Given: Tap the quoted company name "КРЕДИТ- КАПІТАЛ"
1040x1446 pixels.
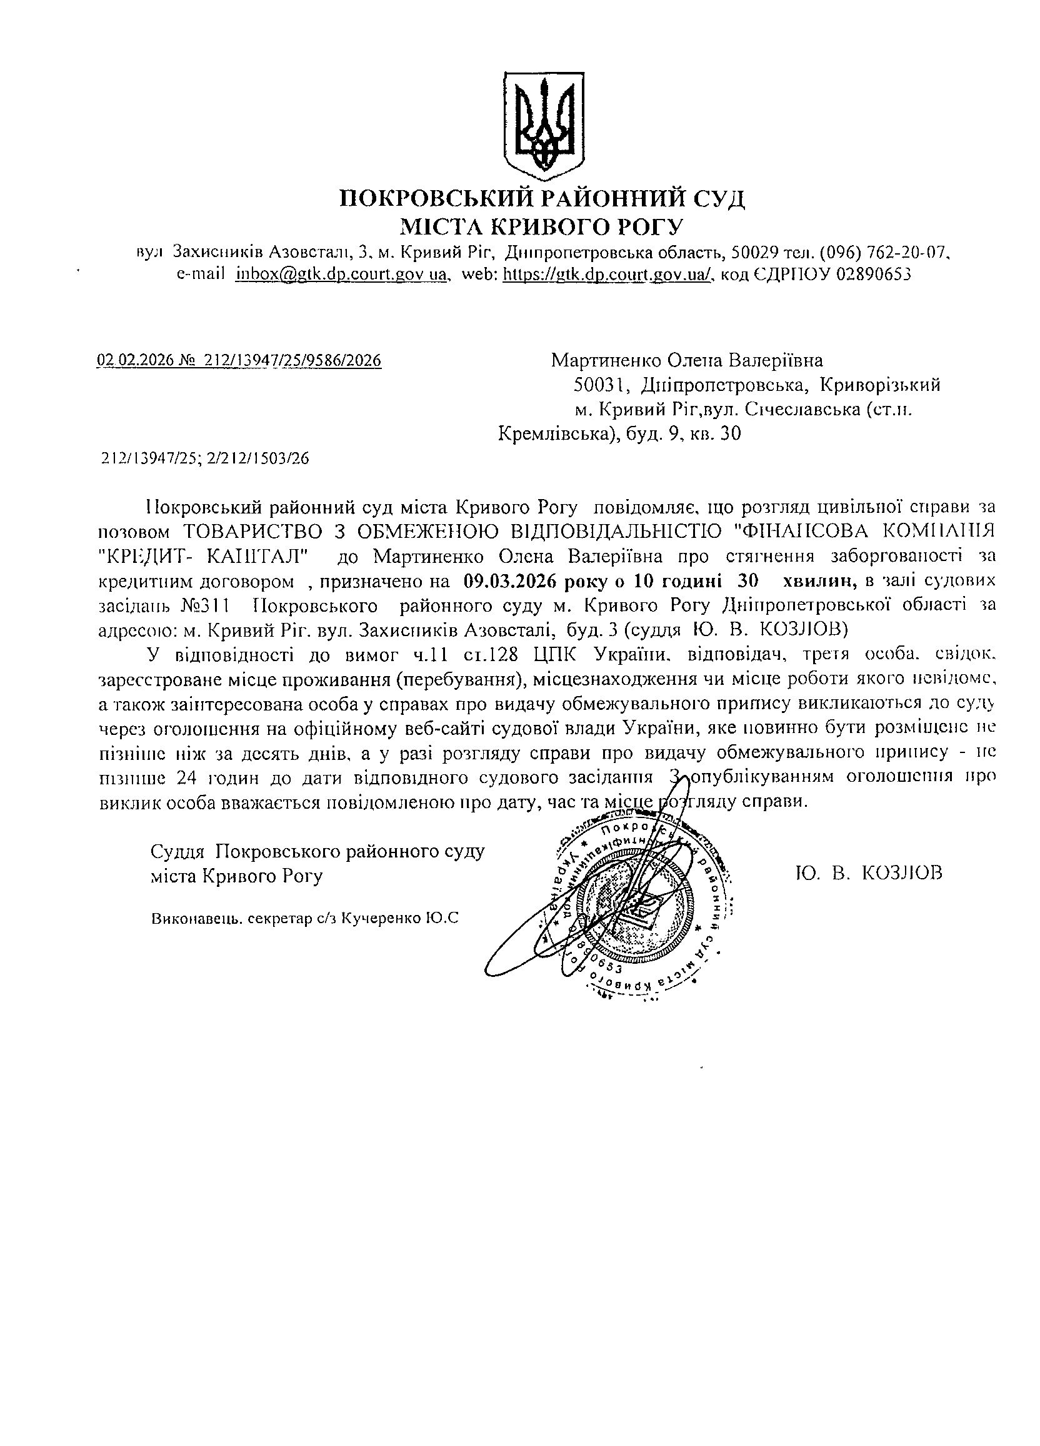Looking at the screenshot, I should (205, 556).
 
